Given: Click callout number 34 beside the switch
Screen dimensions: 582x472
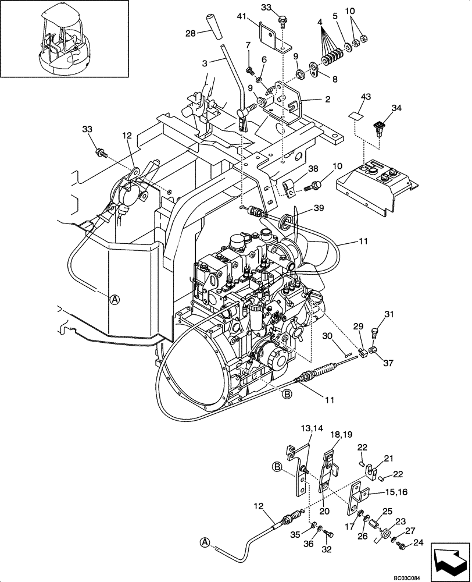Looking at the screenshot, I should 396,108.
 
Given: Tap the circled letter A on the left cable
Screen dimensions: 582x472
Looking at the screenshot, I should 115,299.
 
